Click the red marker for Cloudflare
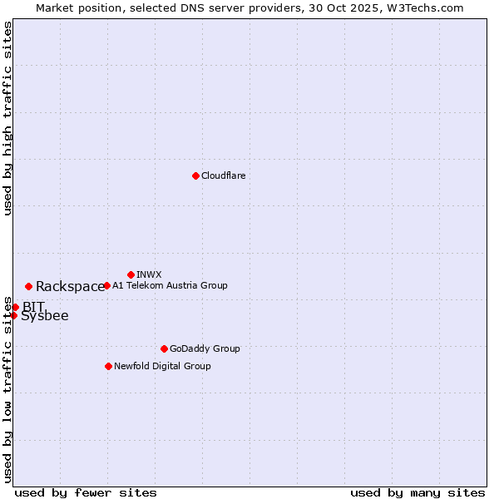pyautogui.click(x=195, y=175)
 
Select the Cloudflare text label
pyautogui.click(x=224, y=176)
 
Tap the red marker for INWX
pyautogui.click(x=131, y=274)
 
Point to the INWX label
pyautogui.click(x=149, y=274)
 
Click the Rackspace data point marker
pyautogui.click(x=28, y=287)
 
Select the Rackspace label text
pyautogui.click(x=70, y=287)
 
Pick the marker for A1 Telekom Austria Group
pyautogui.click(x=106, y=285)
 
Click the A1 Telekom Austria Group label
pyautogui.click(x=170, y=286)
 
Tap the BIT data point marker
pyautogui.click(x=15, y=307)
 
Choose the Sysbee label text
pyautogui.click(x=45, y=316)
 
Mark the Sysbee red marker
pyautogui.click(x=13, y=315)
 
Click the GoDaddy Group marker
pyautogui.click(x=164, y=348)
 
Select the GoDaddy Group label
pyautogui.click(x=205, y=349)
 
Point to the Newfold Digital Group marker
pyautogui.click(x=108, y=366)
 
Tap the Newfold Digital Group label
pyautogui.click(x=162, y=367)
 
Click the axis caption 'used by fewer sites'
pyautogui.click(x=86, y=493)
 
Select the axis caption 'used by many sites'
pyautogui.click(x=417, y=493)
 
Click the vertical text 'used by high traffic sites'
pyautogui.click(x=7, y=118)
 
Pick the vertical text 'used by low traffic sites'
pyautogui.click(x=7, y=389)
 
